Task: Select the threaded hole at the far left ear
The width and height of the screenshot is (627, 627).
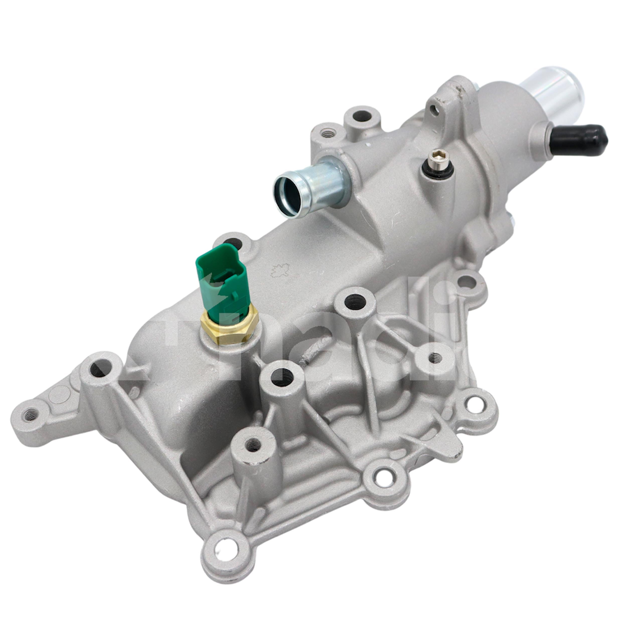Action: [31, 414]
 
